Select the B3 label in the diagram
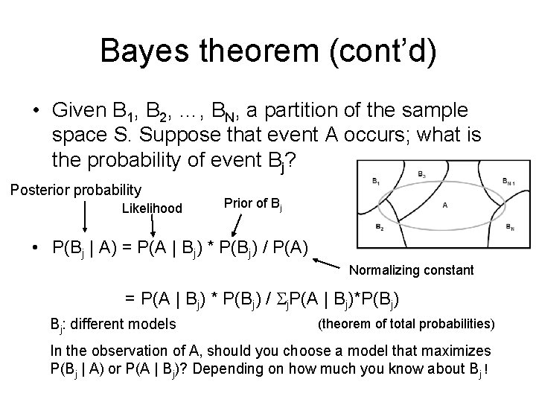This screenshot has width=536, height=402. (x=422, y=174)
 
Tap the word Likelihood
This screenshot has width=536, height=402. (x=152, y=208)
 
